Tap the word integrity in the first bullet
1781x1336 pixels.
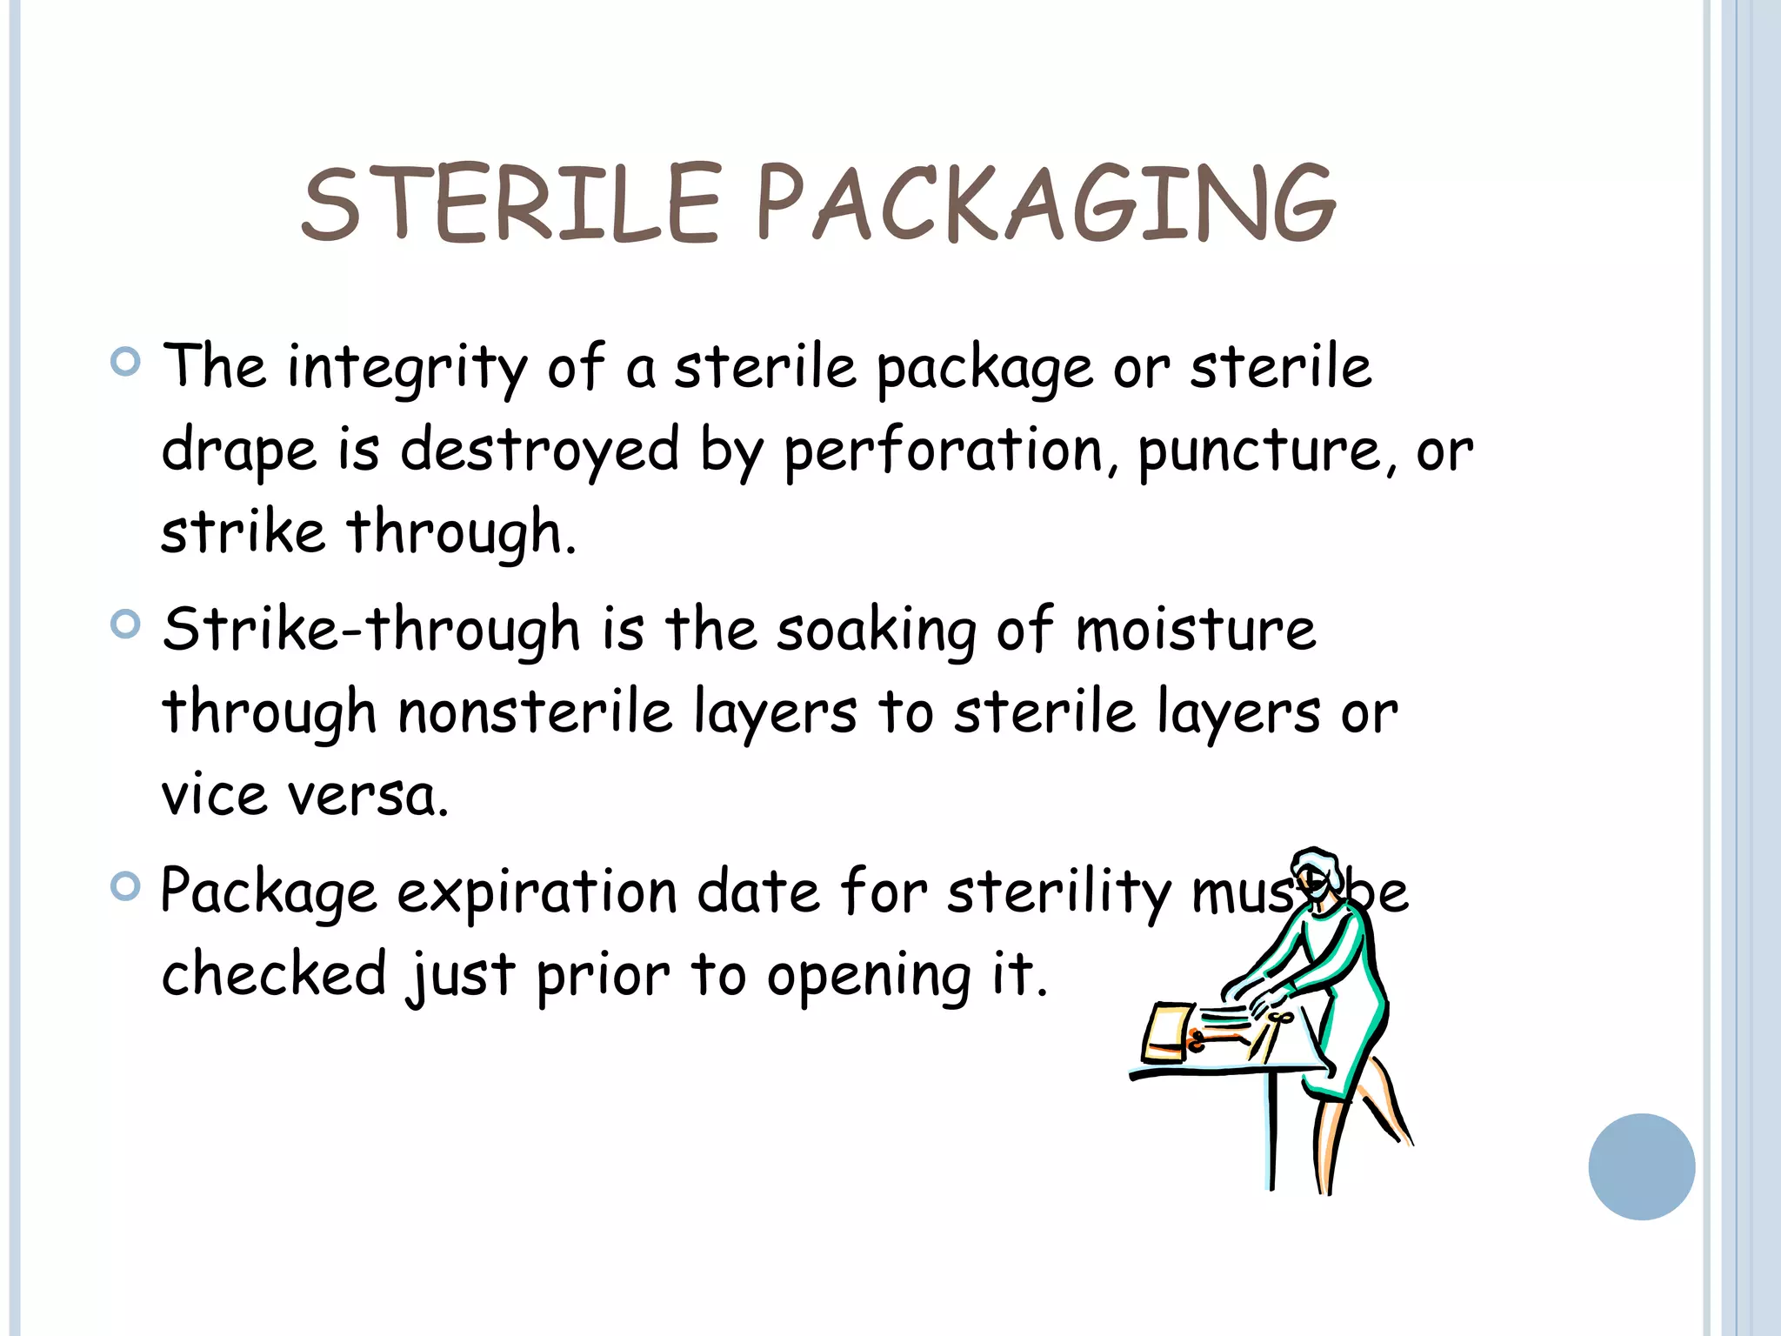[407, 367]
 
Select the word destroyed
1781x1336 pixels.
[539, 451]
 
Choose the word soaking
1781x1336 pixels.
[877, 630]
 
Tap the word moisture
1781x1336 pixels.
[1196, 630]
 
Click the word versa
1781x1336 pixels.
[369, 795]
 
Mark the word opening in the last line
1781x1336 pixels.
[868, 976]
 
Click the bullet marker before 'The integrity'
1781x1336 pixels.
[126, 361]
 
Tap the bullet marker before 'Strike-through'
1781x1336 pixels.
[126, 624]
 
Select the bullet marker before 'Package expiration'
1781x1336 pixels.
[126, 886]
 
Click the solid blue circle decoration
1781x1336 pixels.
[1641, 1166]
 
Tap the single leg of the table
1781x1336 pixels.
[1273, 1131]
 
